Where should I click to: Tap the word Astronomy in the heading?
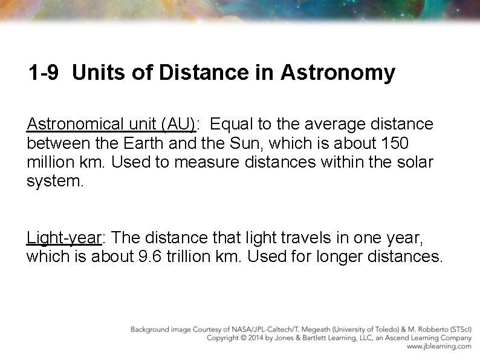pyautogui.click(x=337, y=73)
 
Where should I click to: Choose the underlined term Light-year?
pyautogui.click(x=63, y=237)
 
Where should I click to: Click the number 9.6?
pyautogui.click(x=149, y=256)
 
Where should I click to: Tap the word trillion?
pyautogui.click(x=189, y=256)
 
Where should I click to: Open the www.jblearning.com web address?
pyautogui.click(x=439, y=347)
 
